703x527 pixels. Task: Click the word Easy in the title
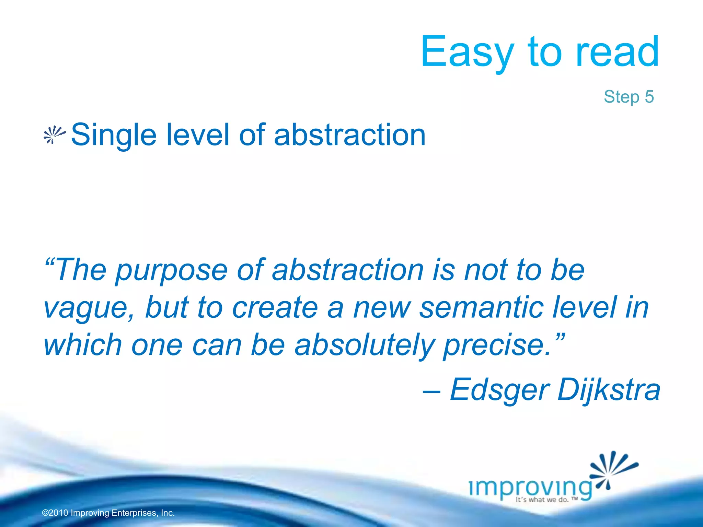467,52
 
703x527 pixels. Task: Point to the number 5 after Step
649,97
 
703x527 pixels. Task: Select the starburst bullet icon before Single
54,135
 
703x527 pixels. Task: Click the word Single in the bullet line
114,135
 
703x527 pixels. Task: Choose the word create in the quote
275,308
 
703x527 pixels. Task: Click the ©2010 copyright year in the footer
55,513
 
